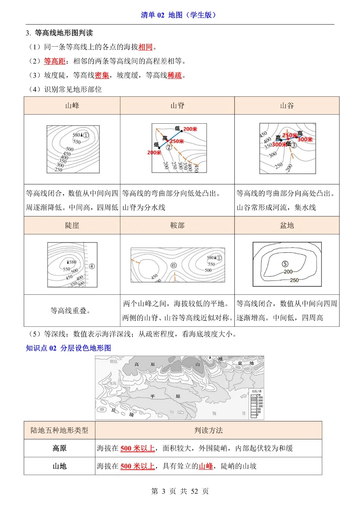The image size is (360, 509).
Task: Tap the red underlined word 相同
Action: click(145, 47)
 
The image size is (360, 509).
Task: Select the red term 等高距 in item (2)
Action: click(55, 61)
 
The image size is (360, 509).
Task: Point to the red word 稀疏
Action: click(174, 76)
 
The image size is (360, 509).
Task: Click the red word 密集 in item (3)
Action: click(102, 76)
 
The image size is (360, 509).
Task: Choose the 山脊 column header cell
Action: click(177, 106)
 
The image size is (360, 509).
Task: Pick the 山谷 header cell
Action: click(287, 106)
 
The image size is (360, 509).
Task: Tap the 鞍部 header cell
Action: click(177, 225)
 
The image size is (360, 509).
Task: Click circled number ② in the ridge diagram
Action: click(169, 147)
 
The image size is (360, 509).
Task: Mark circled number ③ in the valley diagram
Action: click(294, 145)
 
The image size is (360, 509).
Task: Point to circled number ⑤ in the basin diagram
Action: click(285, 264)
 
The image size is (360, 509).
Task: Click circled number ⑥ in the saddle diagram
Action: click(173, 265)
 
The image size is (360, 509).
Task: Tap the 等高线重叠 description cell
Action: click(72, 311)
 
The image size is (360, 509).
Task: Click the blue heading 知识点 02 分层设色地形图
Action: click(68, 348)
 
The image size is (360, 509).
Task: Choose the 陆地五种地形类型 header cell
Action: click(59, 430)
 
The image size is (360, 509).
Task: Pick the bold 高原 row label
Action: click(59, 448)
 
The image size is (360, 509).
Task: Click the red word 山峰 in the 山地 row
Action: click(206, 466)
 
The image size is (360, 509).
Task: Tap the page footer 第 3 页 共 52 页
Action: click(180, 491)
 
